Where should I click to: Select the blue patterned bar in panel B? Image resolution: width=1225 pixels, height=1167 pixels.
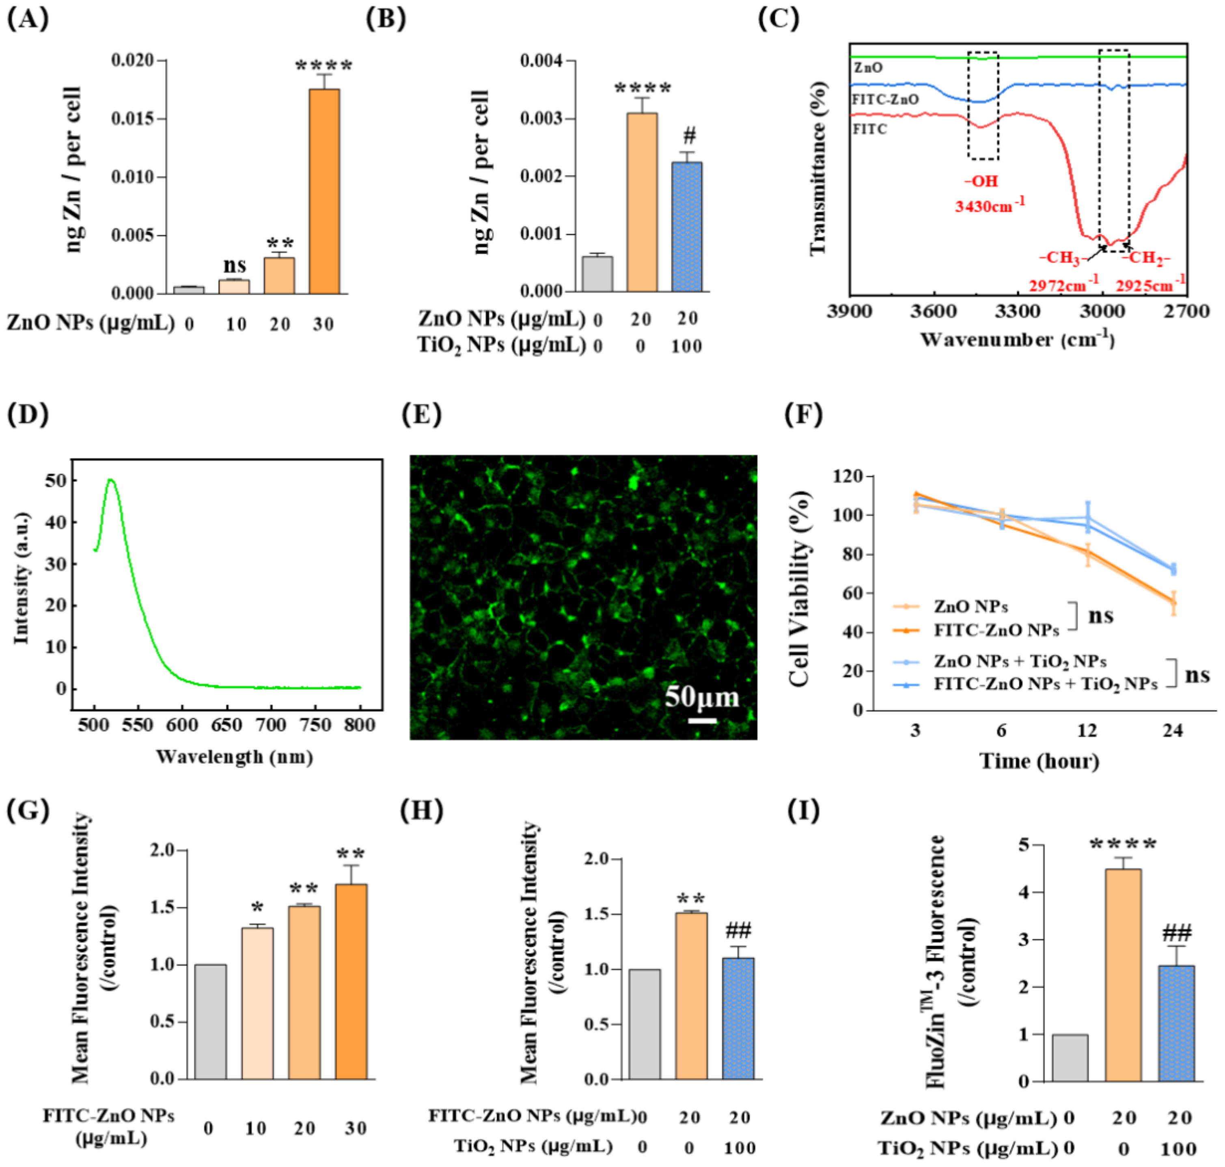point(687,227)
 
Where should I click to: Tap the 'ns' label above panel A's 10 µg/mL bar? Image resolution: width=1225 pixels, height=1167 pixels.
point(235,265)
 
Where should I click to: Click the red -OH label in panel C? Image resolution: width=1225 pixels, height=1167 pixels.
point(981,181)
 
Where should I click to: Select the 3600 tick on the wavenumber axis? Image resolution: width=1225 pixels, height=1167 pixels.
point(934,311)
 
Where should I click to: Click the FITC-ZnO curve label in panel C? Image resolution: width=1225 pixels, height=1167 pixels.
point(885,99)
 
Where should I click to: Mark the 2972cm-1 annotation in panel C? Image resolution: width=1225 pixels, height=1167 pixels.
point(1063,285)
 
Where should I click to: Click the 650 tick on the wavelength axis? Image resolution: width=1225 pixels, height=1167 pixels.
point(226,725)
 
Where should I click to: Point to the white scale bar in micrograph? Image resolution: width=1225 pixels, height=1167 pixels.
point(702,720)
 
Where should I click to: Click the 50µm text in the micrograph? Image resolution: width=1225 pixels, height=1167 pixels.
point(701,697)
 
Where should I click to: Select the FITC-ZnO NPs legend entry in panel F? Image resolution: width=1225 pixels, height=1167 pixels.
point(996,630)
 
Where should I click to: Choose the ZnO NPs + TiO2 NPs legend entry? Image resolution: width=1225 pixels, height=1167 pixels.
point(1020,661)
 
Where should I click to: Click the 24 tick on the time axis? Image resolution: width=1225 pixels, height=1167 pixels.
point(1172,730)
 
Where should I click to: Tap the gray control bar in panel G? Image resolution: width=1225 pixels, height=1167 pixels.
point(210,1022)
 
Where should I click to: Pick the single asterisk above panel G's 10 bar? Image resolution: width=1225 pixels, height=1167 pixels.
point(257,908)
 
